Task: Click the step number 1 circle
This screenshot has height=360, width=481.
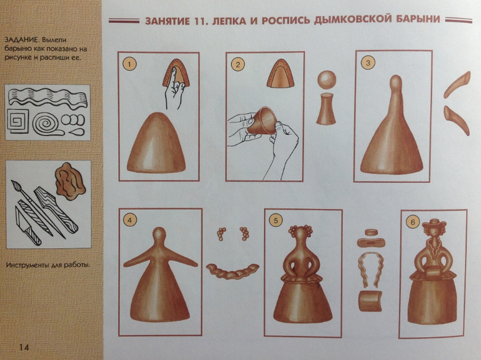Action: click(x=129, y=64)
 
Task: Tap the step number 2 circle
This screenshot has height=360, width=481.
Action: click(x=238, y=64)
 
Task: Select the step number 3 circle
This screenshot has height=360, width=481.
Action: click(x=368, y=63)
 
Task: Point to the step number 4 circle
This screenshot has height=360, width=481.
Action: click(x=130, y=220)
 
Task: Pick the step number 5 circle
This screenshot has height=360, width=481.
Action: click(x=275, y=221)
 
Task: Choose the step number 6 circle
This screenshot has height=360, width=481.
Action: click(x=412, y=222)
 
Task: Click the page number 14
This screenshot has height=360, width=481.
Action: click(x=24, y=347)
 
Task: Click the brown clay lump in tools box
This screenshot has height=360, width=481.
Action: click(x=70, y=181)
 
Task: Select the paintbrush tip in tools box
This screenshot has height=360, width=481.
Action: click(x=14, y=185)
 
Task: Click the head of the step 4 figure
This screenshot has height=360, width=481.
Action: click(x=159, y=236)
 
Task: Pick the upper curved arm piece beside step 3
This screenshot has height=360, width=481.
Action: click(x=457, y=84)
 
